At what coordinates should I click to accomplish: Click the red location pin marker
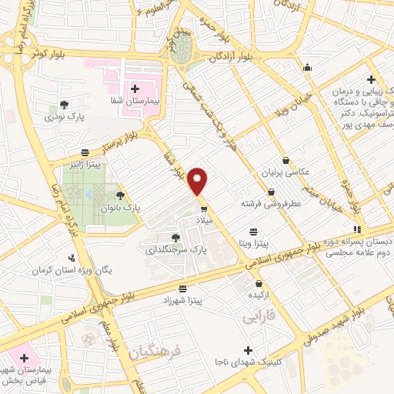[x=199, y=181]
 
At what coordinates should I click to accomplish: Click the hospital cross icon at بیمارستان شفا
[x=135, y=89]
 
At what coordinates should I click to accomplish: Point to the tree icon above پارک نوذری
[x=64, y=104]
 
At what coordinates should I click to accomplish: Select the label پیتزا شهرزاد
[x=182, y=301]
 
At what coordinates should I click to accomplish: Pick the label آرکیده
[x=258, y=295]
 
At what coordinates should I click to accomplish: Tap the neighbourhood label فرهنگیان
[x=154, y=352]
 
